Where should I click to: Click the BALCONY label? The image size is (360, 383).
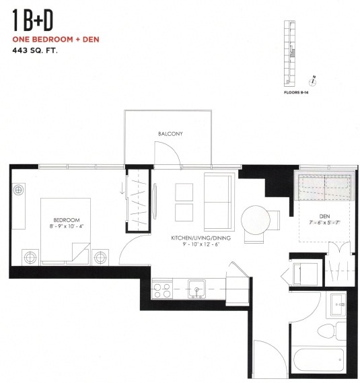pyautogui.click(x=170, y=133)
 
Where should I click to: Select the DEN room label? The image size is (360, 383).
pyautogui.click(x=324, y=216)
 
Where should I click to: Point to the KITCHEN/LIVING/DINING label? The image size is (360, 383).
pyautogui.click(x=201, y=238)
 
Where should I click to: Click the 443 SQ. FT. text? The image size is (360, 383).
pyautogui.click(x=35, y=50)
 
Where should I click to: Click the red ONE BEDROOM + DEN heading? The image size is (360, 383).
pyautogui.click(x=56, y=39)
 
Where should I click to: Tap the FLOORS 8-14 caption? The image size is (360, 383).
pyautogui.click(x=296, y=93)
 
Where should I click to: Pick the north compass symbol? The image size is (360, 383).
pyautogui.click(x=312, y=81)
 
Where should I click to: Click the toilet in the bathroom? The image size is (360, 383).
pyautogui.click(x=332, y=330)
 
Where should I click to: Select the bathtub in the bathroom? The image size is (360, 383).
pyautogui.click(x=319, y=360)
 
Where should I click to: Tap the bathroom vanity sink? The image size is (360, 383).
pyautogui.click(x=338, y=305)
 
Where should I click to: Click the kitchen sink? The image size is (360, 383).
pyautogui.click(x=196, y=289)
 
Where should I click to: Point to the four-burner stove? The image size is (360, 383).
pyautogui.click(x=161, y=289)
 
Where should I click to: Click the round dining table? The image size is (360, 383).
pyautogui.click(x=256, y=220)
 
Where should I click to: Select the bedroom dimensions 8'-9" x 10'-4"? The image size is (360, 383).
pyautogui.click(x=67, y=226)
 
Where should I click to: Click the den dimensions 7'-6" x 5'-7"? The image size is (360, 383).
pyautogui.click(x=324, y=223)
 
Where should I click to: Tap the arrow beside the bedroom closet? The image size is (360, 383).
pyautogui.click(x=122, y=190)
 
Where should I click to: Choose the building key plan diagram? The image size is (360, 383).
pyautogui.click(x=290, y=54)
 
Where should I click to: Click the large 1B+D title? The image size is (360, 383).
pyautogui.click(x=33, y=22)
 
